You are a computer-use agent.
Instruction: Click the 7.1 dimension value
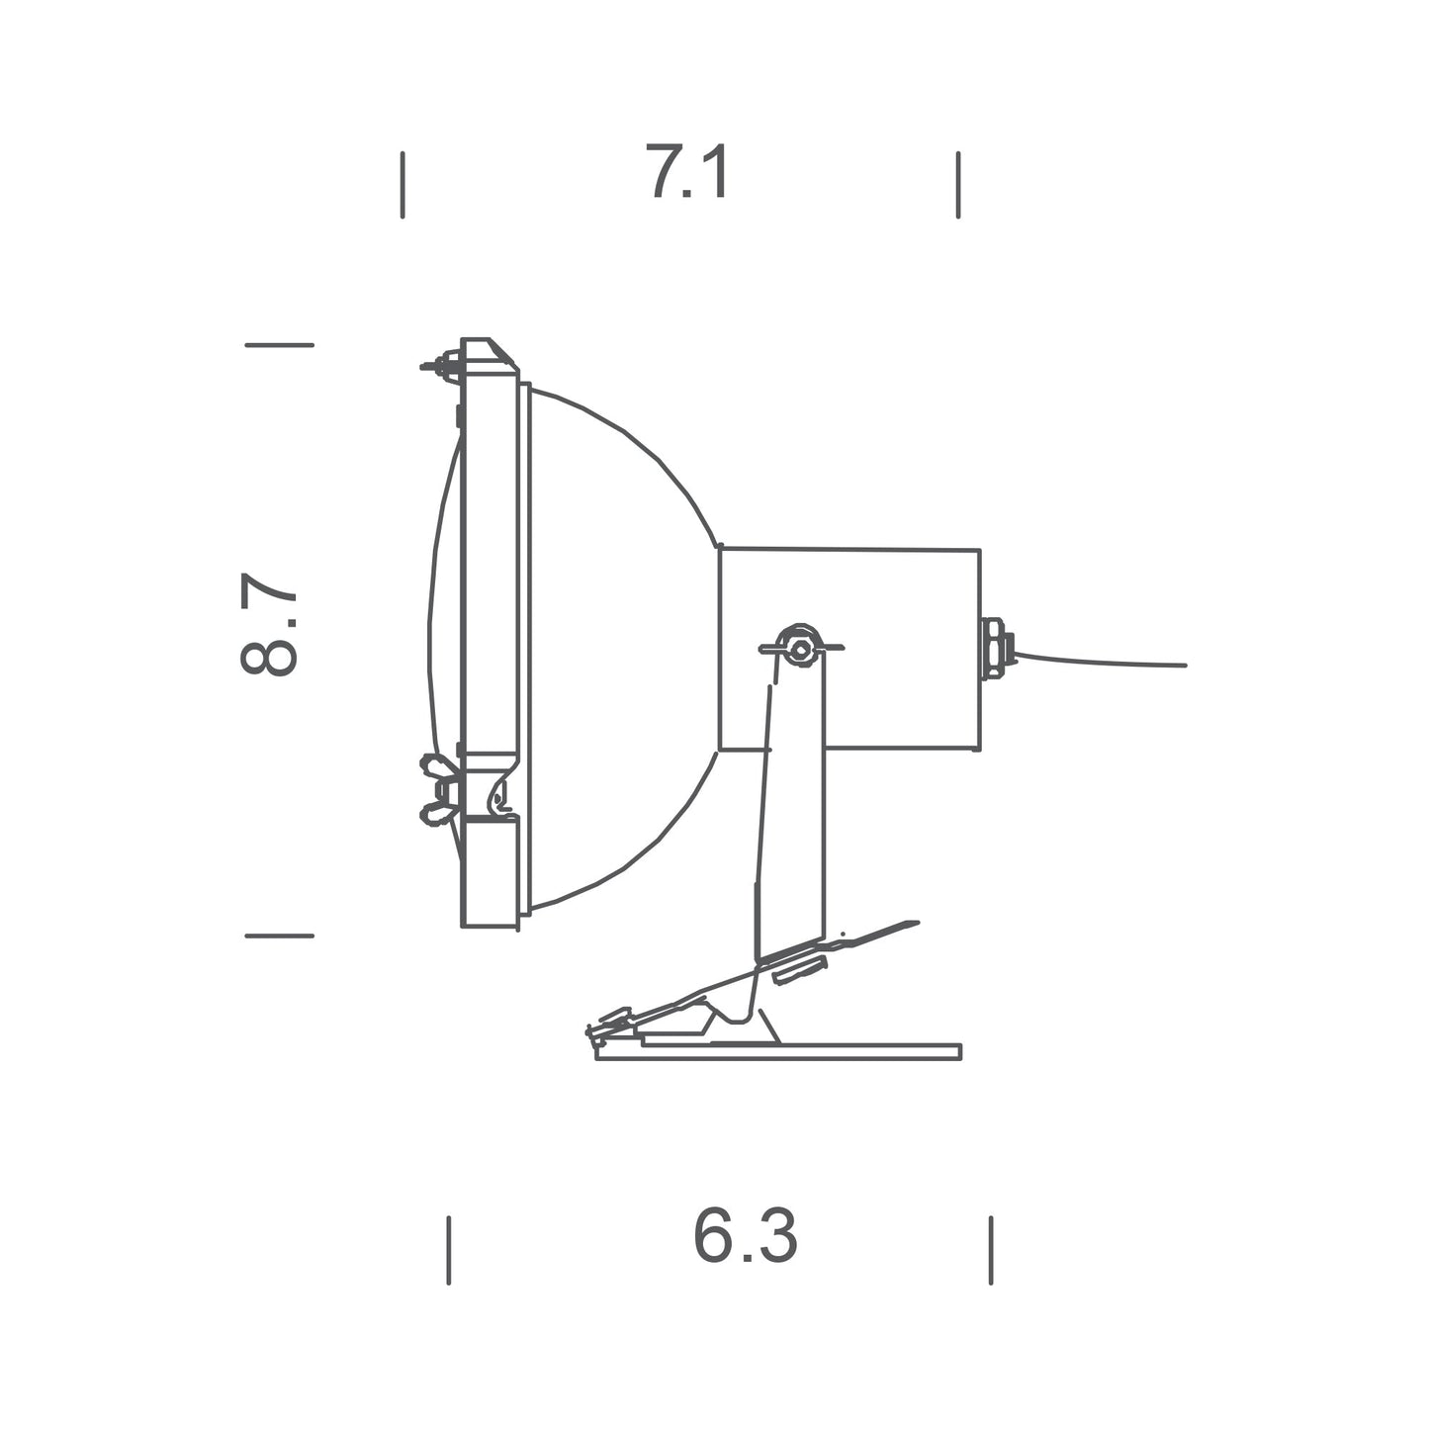[x=688, y=173]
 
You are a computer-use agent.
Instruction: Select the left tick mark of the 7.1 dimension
[x=402, y=185]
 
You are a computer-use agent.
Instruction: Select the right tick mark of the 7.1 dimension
[x=958, y=185]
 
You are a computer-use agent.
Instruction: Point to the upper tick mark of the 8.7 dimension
[x=279, y=345]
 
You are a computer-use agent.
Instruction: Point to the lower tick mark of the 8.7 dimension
[x=279, y=935]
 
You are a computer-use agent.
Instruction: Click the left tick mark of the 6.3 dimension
[x=449, y=1250]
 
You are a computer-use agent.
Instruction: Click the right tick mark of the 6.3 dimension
[x=990, y=1250]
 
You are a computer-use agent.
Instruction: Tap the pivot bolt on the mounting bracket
[x=799, y=648]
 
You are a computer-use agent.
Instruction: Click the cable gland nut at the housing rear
[x=994, y=649]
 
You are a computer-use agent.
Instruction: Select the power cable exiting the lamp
[x=1098, y=661]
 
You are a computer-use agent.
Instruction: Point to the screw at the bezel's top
[x=443, y=366]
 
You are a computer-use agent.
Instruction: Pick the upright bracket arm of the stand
[x=791, y=811]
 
